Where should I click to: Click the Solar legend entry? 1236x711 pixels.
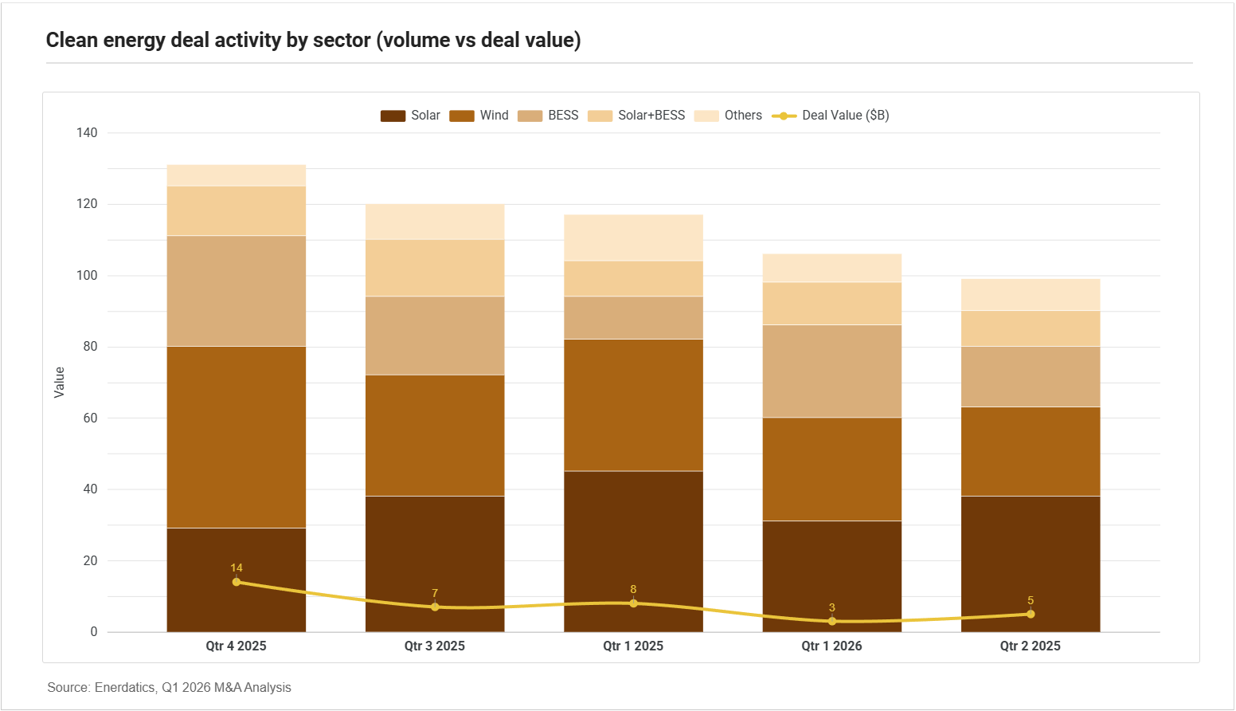(410, 116)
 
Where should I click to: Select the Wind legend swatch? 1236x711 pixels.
(461, 116)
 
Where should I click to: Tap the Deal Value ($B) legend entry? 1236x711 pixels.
(831, 116)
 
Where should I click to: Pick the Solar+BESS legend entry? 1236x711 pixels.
(636, 116)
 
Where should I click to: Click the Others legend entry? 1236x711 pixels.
(728, 116)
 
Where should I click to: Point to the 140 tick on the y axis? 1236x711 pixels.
(87, 132)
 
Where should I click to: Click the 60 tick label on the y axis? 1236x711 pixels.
(90, 418)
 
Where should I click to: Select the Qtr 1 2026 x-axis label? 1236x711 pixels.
(831, 646)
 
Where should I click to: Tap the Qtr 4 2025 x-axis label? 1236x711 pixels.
(237, 646)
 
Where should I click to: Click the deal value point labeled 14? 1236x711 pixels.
(237, 582)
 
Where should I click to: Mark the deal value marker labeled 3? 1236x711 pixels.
(832, 621)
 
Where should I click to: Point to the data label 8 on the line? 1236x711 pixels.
(633, 590)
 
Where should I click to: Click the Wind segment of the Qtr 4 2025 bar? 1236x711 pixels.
(237, 437)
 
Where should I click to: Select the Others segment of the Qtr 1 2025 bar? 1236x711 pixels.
(633, 238)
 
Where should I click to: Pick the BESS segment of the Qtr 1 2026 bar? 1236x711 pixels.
(832, 371)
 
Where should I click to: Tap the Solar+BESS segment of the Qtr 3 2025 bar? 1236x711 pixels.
(435, 268)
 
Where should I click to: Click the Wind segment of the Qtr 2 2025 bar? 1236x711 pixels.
(1031, 451)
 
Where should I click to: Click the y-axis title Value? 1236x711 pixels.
(60, 383)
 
